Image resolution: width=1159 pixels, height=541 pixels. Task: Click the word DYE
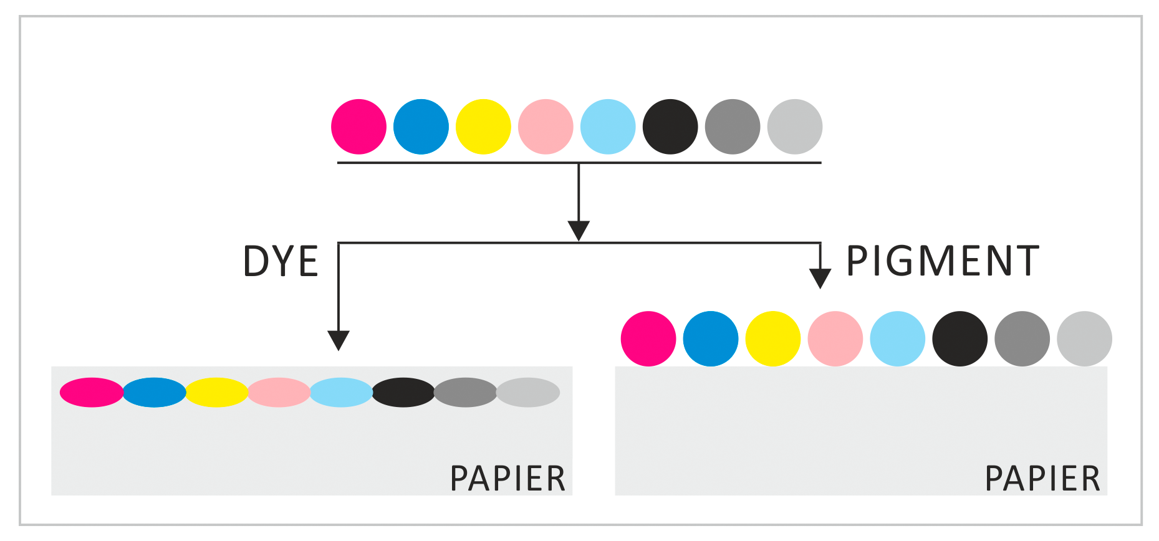pyautogui.click(x=281, y=261)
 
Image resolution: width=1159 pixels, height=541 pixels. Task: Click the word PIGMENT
pyautogui.click(x=942, y=261)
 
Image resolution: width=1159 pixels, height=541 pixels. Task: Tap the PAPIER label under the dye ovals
pyautogui.click(x=507, y=479)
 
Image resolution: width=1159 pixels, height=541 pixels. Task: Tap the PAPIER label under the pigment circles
pyautogui.click(x=1042, y=479)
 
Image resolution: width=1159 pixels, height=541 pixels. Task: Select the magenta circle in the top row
pyautogui.click(x=358, y=127)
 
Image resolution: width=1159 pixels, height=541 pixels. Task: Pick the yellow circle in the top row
pyautogui.click(x=483, y=127)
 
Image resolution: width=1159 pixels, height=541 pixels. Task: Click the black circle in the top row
pyautogui.click(x=670, y=127)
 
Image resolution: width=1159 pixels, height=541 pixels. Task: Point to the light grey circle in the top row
pyautogui.click(x=795, y=127)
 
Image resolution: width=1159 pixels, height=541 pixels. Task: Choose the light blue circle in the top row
pyautogui.click(x=608, y=127)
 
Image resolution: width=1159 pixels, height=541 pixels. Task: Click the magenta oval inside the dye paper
pyautogui.click(x=92, y=393)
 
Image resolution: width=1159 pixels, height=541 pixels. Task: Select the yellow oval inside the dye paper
pyautogui.click(x=216, y=393)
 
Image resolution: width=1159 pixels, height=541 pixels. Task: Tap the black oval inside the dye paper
pyautogui.click(x=403, y=393)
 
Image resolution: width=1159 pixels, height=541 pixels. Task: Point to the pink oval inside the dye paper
pyautogui.click(x=279, y=393)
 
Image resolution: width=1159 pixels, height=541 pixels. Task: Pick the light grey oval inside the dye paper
pyautogui.click(x=528, y=393)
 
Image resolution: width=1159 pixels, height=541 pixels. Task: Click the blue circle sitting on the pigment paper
pyautogui.click(x=711, y=338)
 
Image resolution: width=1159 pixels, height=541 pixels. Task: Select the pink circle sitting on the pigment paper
pyautogui.click(x=835, y=338)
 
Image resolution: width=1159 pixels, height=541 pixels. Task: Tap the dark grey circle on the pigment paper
pyautogui.click(x=1022, y=338)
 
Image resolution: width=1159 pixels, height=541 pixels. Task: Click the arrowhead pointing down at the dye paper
pyautogui.click(x=339, y=340)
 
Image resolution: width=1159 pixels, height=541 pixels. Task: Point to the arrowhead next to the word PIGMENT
pyautogui.click(x=820, y=277)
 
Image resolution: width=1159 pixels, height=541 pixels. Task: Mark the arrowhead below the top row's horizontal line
pyautogui.click(x=579, y=229)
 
